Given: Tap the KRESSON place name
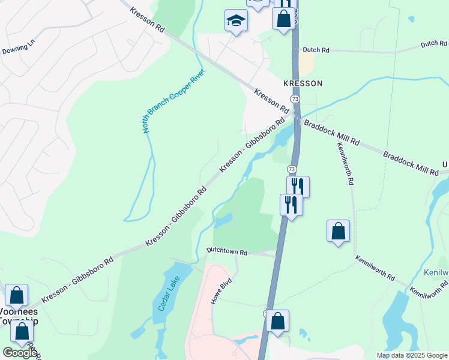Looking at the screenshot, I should click(x=303, y=83).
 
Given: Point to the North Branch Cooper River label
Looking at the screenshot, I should click(x=173, y=100).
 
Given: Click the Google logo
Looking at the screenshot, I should click(x=20, y=353).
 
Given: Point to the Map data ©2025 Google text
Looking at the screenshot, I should click(x=412, y=355).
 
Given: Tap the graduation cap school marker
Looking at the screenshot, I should click(x=236, y=20).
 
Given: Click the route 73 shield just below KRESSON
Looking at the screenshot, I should click(x=294, y=98).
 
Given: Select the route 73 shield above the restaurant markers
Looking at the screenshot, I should click(x=291, y=170).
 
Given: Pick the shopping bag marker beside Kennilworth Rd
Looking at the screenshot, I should click(x=338, y=231).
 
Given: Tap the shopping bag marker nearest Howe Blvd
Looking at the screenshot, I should click(x=278, y=321).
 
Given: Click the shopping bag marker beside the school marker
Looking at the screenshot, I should click(x=283, y=17).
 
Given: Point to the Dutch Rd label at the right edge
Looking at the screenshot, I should click(x=433, y=44).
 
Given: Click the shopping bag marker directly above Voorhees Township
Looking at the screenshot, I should click(x=16, y=295).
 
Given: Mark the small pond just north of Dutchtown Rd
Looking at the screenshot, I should click(x=223, y=221).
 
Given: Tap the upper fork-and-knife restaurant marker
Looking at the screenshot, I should click(x=298, y=187).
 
